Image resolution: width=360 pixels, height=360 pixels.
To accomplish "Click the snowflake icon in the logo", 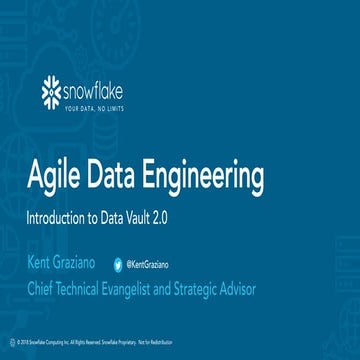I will [x=54, y=93].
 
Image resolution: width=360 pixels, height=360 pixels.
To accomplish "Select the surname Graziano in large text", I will [x=97, y=263].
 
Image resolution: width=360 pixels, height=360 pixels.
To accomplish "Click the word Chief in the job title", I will [x=46, y=290].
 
